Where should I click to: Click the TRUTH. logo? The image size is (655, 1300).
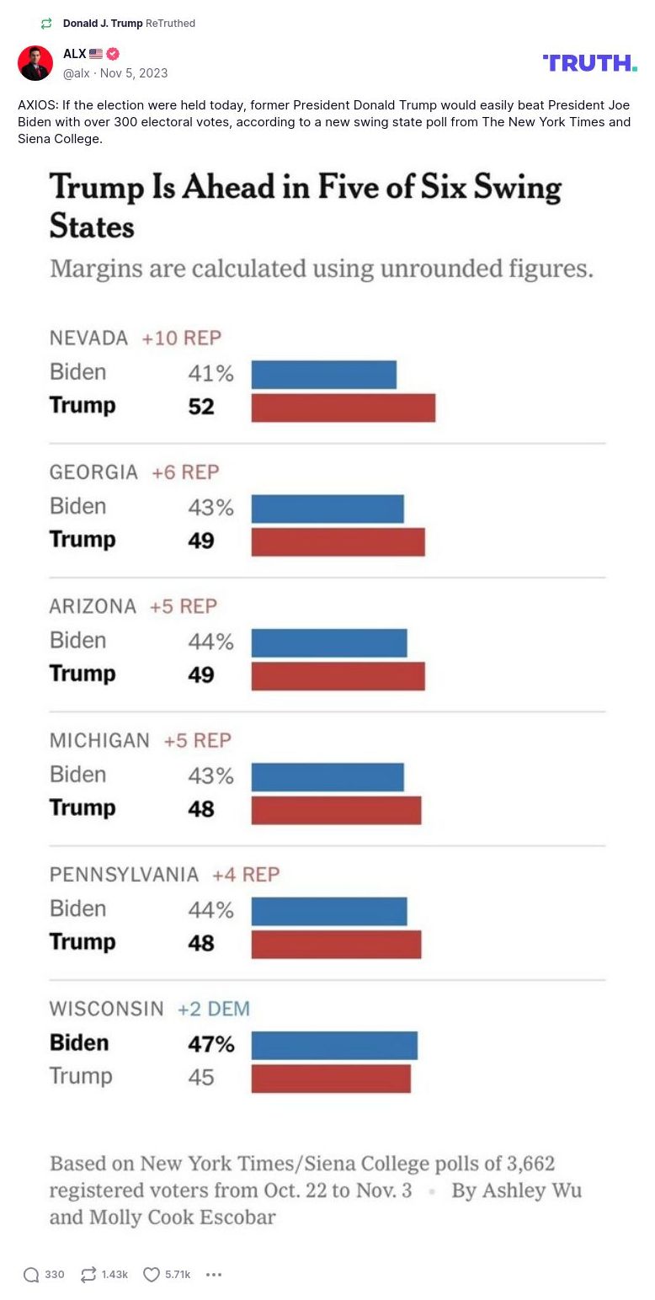point(589,63)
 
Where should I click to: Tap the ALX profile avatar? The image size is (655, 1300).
point(35,63)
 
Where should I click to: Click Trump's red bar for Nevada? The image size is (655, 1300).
point(343,408)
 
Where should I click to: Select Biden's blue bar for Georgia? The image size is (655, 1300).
point(327,509)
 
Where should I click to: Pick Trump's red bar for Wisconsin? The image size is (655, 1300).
point(331,1079)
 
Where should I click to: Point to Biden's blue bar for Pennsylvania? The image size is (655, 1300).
point(329,911)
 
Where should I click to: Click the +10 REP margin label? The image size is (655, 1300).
point(181,338)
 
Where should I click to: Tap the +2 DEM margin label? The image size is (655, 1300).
point(214,1009)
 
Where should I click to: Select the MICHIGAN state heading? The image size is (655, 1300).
point(99,741)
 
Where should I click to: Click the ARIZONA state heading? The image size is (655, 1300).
point(93,606)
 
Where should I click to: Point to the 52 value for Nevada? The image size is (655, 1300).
point(201,407)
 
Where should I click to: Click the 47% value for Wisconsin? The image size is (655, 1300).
point(210,1044)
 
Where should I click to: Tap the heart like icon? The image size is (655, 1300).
point(152,1275)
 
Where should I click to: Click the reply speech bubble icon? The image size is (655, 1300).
point(31,1275)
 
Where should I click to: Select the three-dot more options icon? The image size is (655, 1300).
point(214,1275)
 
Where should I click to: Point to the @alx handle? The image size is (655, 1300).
point(77,73)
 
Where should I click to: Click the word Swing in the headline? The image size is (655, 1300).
point(517,187)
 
